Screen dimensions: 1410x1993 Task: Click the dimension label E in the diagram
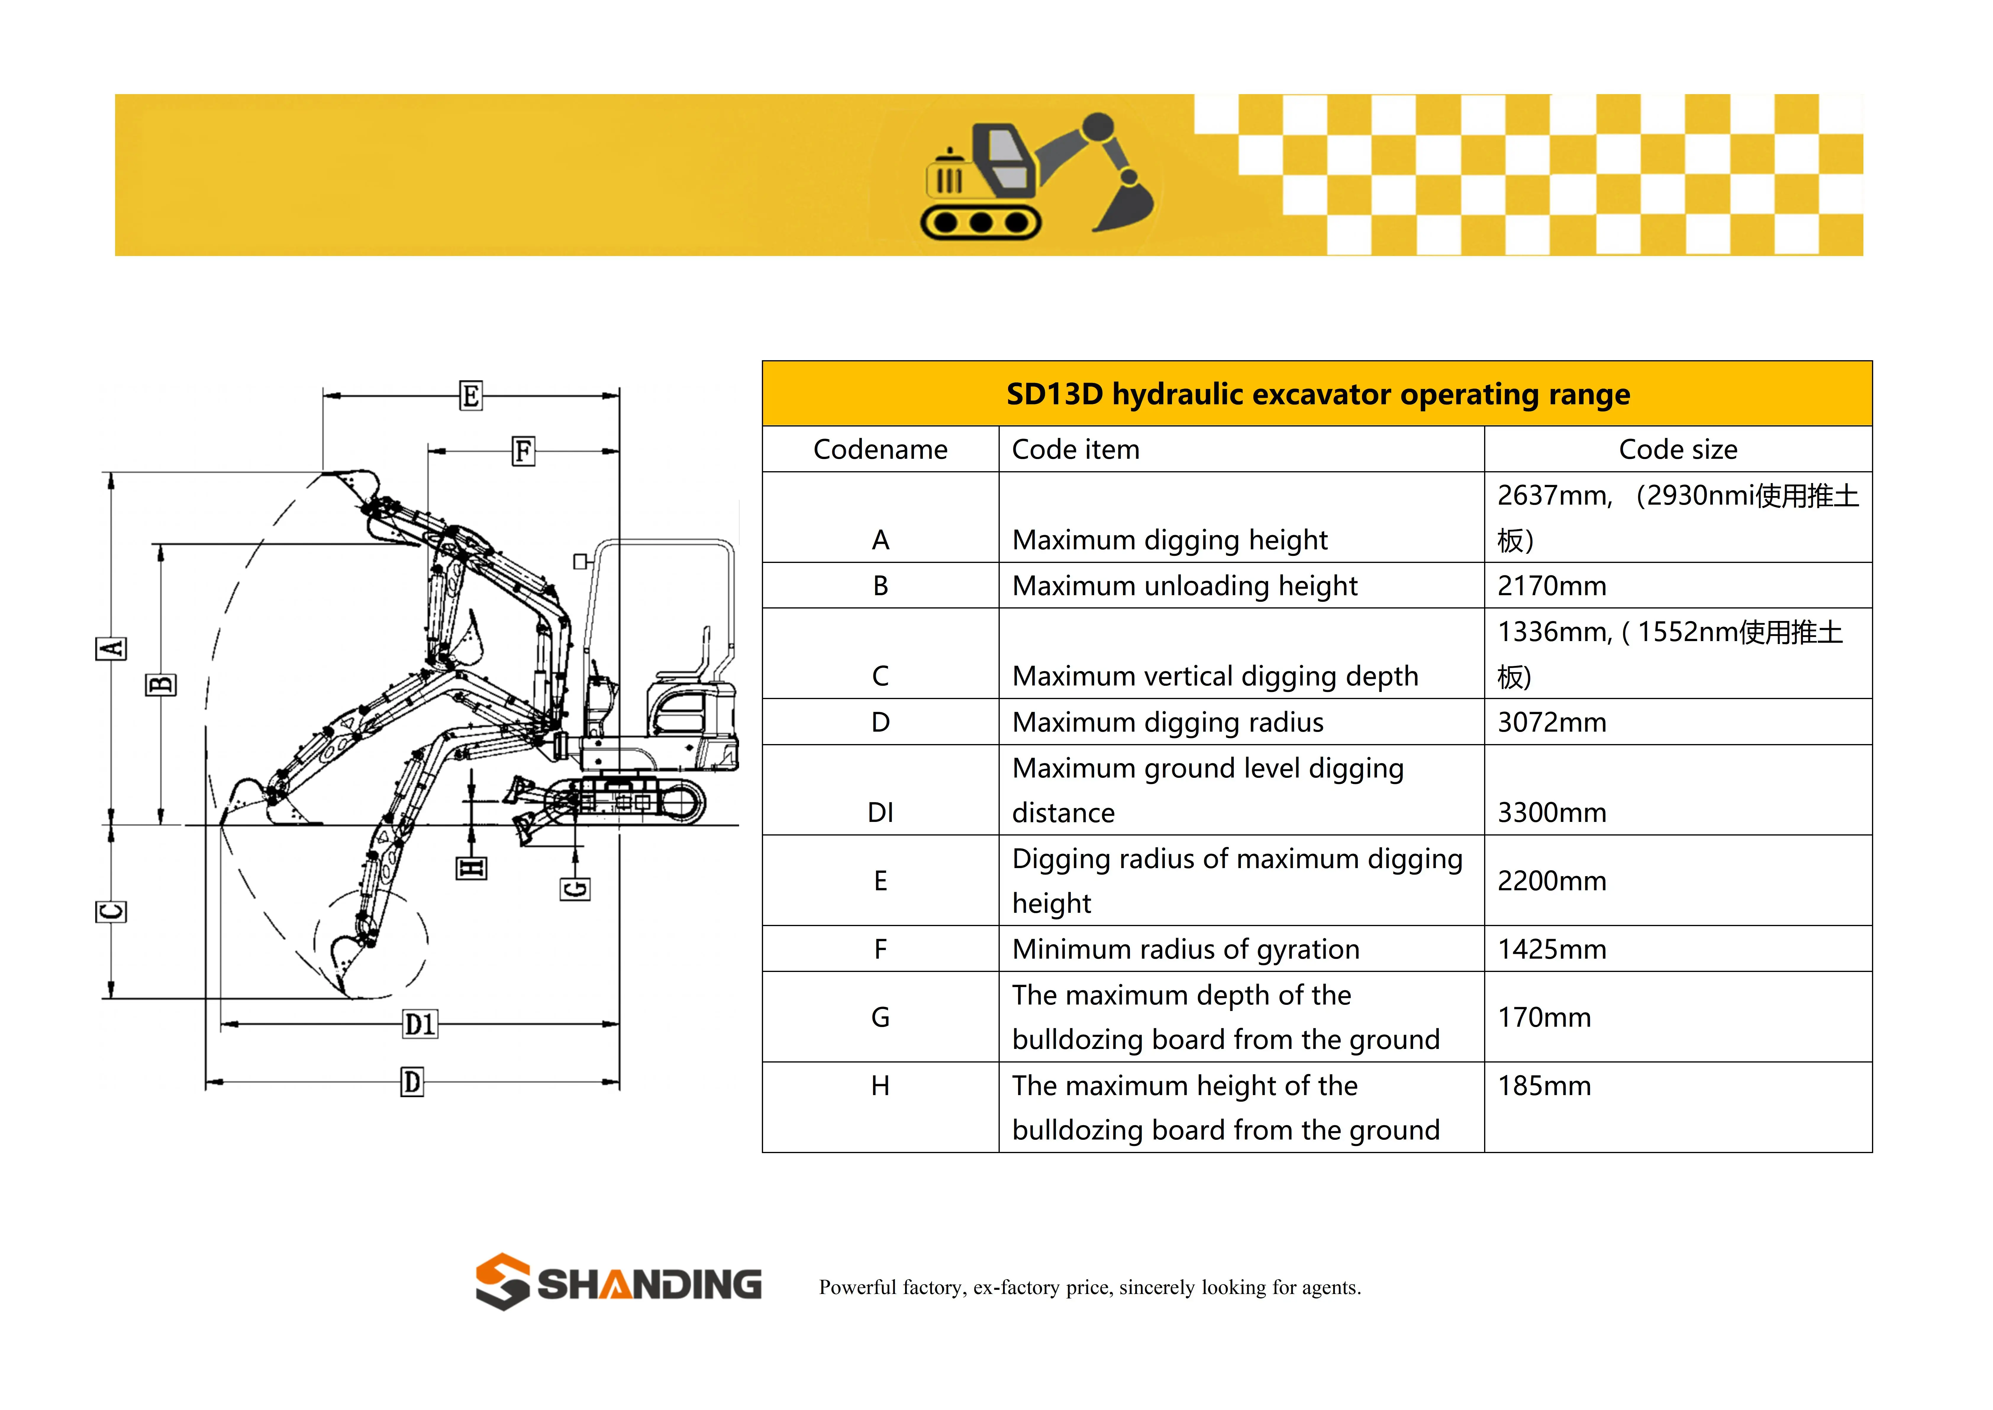point(470,396)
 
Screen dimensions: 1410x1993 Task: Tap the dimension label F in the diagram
point(523,451)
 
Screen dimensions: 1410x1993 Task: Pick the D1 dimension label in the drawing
point(420,1025)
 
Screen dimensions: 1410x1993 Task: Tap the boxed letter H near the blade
point(471,868)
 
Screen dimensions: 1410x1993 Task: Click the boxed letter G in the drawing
point(575,889)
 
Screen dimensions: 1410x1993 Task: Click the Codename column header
point(880,450)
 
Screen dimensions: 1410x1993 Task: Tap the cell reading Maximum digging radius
point(1168,722)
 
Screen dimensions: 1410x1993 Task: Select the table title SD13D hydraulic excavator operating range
point(1317,394)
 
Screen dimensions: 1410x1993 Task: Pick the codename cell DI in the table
point(880,813)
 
